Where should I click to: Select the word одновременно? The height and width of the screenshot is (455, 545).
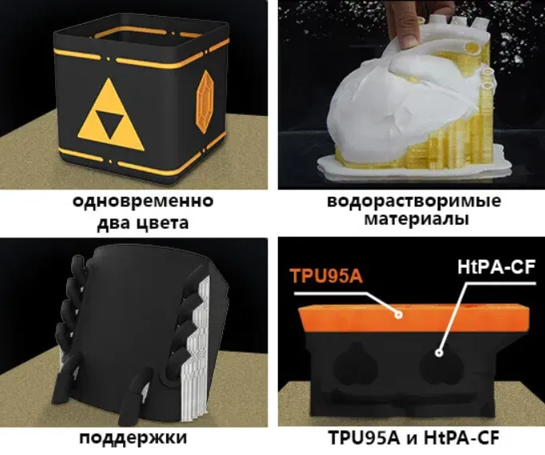[143, 202]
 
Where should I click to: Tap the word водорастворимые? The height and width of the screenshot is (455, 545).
[414, 202]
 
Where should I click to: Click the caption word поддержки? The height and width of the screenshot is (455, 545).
[133, 437]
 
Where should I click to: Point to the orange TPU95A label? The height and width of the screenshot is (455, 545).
[326, 277]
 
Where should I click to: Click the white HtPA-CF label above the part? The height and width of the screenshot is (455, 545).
[496, 267]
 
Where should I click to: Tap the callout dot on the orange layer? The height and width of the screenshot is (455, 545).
[398, 315]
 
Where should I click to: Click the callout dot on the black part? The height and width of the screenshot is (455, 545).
[439, 353]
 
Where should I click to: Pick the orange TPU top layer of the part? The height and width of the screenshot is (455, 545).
[414, 317]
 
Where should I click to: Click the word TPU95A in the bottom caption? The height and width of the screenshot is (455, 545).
[364, 437]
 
